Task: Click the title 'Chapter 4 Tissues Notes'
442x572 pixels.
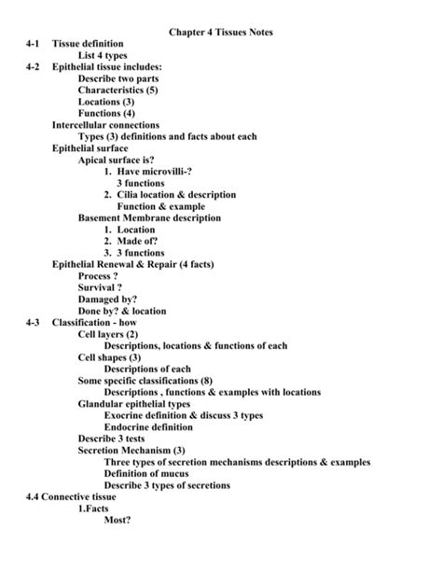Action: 221,34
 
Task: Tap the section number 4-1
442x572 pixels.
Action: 37,45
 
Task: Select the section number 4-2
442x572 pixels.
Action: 37,67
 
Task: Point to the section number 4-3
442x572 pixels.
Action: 37,322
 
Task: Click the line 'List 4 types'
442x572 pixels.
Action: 107,56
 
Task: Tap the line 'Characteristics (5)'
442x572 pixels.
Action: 119,91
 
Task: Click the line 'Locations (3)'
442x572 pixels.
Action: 106,102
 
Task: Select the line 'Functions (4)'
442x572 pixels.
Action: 106,114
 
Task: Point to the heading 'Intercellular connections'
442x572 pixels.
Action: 105,125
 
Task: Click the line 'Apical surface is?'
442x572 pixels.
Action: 117,160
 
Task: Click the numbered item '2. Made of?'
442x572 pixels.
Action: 134,241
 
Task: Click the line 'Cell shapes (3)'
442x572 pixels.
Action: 110,356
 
